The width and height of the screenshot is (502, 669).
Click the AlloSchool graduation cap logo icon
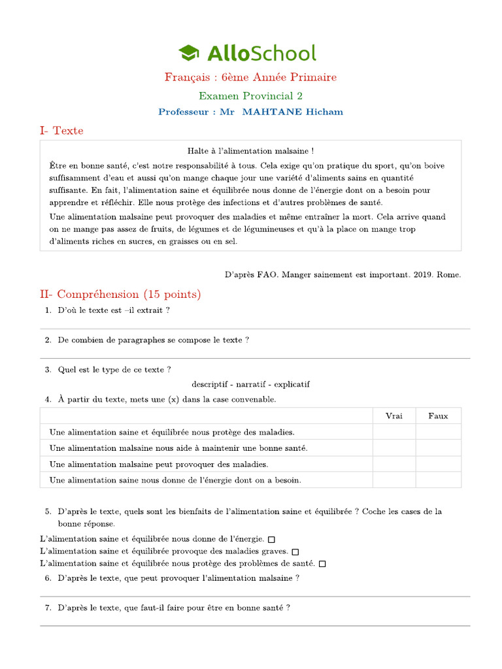point(188,53)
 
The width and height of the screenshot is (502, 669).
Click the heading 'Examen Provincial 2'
point(250,95)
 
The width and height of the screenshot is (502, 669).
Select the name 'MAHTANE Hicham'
point(292,112)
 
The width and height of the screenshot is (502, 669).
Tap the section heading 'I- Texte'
point(61,131)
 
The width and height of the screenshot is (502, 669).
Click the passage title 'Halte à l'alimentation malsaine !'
point(250,151)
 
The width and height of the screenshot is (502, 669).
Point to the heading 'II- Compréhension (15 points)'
point(120,295)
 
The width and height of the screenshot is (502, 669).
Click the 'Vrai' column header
point(394,416)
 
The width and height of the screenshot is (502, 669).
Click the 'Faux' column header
point(438,416)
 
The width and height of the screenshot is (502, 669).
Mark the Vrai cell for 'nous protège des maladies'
point(394,432)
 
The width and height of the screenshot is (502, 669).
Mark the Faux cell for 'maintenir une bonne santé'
point(438,448)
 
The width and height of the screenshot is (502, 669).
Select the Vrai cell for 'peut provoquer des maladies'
point(394,464)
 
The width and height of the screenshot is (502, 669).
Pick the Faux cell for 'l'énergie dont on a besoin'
point(438,480)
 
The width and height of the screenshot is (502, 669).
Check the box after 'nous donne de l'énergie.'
point(272,540)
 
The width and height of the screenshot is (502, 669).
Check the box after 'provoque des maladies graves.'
point(295,552)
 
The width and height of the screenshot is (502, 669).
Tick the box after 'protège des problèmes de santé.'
point(322,564)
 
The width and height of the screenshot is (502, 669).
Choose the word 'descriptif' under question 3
point(211,384)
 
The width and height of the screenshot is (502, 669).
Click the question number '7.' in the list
point(48,608)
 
